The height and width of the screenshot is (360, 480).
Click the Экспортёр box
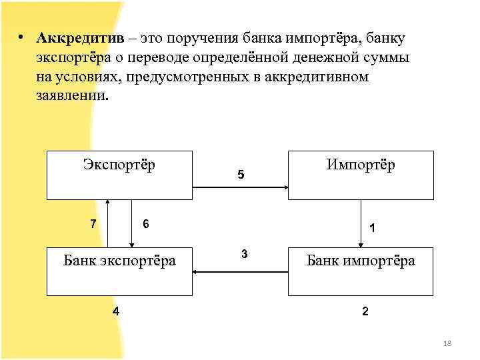pos(119,175)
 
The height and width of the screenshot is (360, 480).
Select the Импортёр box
pos(360,175)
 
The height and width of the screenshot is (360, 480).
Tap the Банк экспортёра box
pos(119,271)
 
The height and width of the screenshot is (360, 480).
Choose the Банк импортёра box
pos(360,271)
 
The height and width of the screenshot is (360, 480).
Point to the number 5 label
pos(241,176)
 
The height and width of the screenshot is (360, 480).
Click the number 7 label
pos(93,223)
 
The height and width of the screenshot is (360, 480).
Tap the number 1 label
pos(372,229)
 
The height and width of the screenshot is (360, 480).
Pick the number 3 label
pos(245,254)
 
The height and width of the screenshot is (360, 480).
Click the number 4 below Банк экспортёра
pos(116,311)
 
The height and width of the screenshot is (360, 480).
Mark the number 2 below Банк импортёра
pos(364,311)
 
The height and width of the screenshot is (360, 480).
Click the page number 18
pos(447,343)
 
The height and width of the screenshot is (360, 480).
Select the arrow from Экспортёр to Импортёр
pos(240,188)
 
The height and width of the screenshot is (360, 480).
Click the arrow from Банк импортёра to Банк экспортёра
pos(240,271)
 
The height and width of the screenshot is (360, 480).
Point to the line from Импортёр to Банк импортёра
pos(360,223)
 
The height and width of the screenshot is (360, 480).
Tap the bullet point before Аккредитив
pos(22,37)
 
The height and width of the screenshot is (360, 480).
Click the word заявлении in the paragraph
pos(71,95)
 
